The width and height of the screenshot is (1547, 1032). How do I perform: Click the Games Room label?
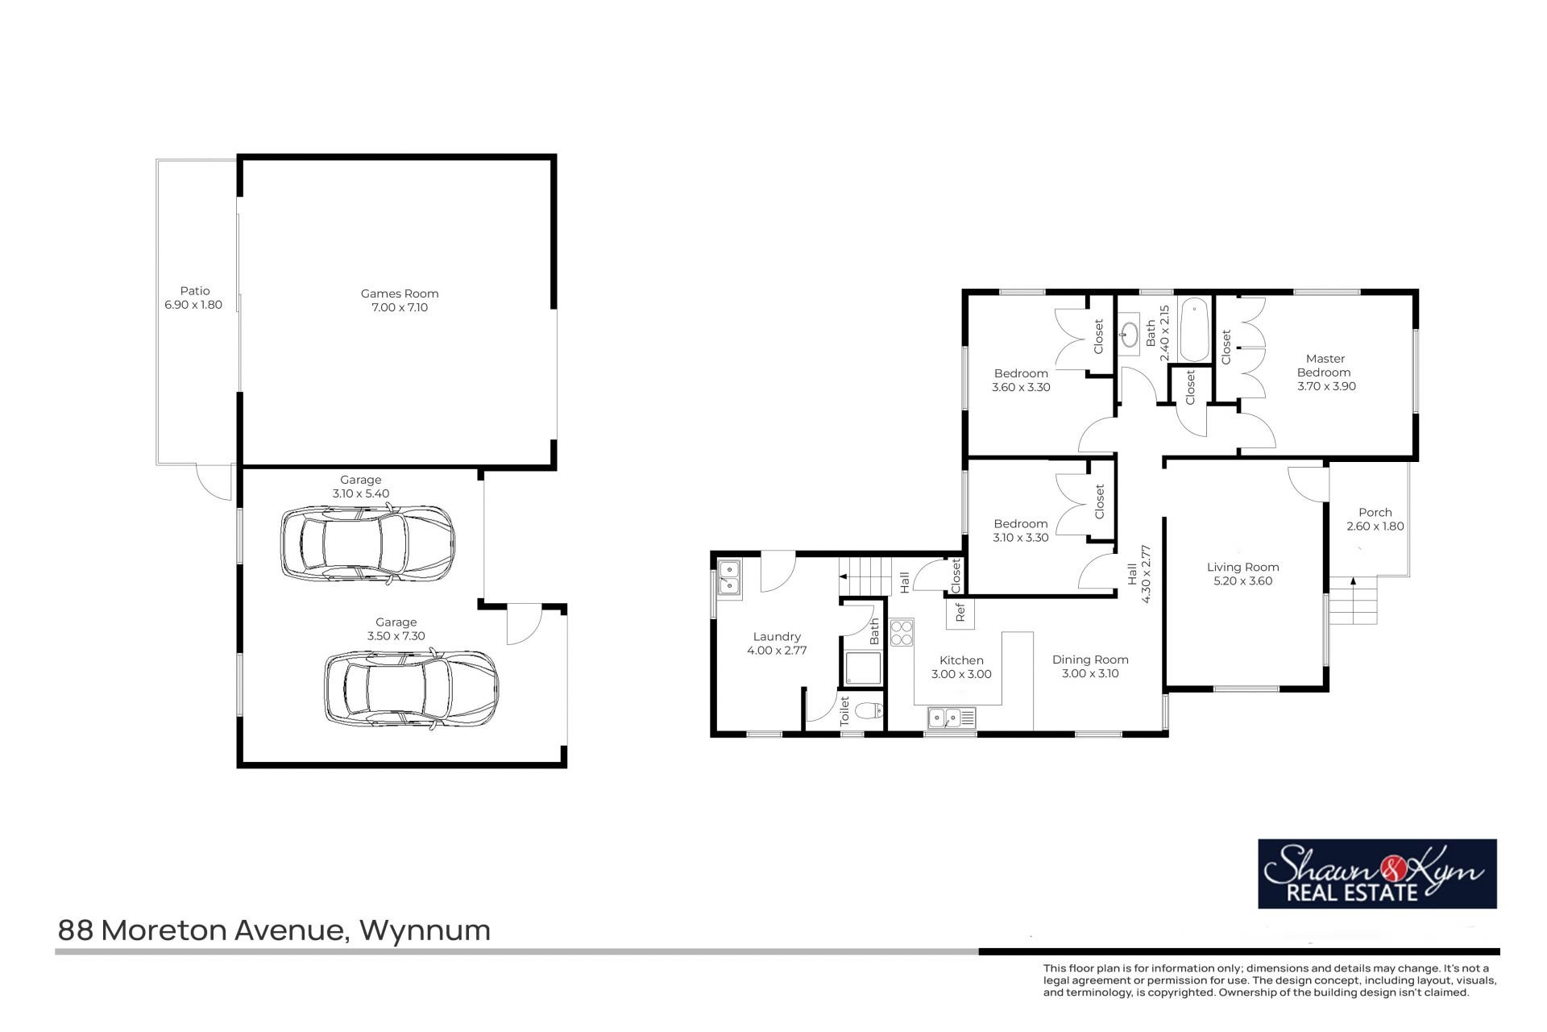pyautogui.click(x=400, y=293)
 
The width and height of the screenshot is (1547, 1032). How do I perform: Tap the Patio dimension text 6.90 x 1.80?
pyautogui.click(x=193, y=305)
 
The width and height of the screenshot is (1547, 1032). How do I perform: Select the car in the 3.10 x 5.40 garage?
pyautogui.click(x=367, y=543)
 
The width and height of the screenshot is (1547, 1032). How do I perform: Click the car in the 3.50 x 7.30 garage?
pyautogui.click(x=411, y=689)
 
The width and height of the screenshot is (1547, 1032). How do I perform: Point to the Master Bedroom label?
pyautogui.click(x=1325, y=365)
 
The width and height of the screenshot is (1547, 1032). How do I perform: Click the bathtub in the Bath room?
pyautogui.click(x=1193, y=330)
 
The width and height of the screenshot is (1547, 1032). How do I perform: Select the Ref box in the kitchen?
pyautogui.click(x=960, y=614)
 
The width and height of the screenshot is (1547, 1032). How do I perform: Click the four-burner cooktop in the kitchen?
pyautogui.click(x=902, y=633)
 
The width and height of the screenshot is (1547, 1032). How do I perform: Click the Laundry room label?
pyautogui.click(x=777, y=637)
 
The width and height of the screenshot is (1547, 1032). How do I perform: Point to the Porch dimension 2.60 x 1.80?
pyautogui.click(x=1375, y=526)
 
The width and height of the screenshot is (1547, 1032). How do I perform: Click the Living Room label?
pyautogui.click(x=1243, y=567)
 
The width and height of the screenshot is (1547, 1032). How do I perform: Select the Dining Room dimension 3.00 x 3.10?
pyautogui.click(x=1090, y=673)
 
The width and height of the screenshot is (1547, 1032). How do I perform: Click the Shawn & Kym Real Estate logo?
pyautogui.click(x=1378, y=873)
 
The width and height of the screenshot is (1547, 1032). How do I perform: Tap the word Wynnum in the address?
pyautogui.click(x=425, y=930)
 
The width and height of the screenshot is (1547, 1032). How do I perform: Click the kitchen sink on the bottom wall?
pyautogui.click(x=952, y=716)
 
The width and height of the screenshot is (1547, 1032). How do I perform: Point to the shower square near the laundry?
pyautogui.click(x=863, y=668)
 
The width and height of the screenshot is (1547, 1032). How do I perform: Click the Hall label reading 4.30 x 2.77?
pyautogui.click(x=1138, y=574)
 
